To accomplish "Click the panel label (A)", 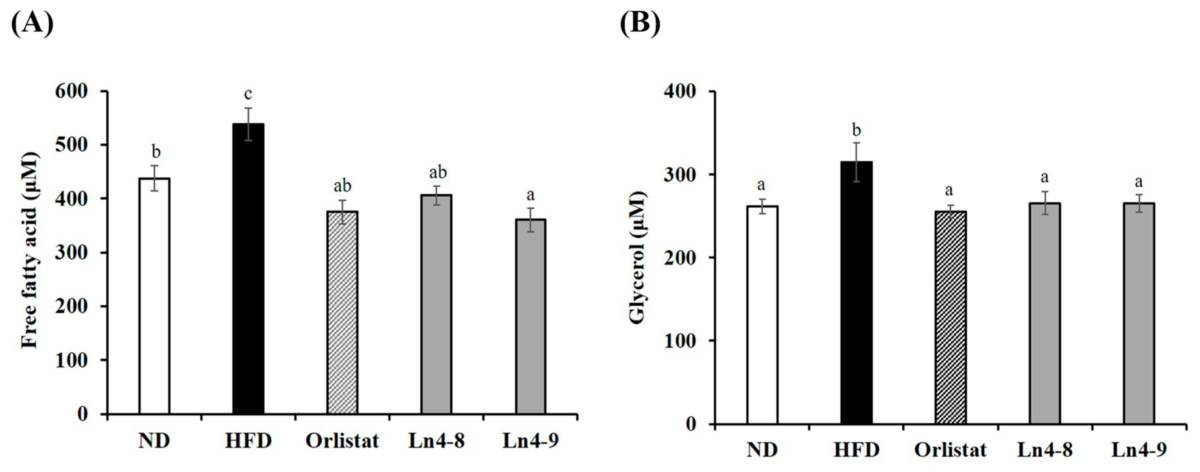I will tap(32, 23).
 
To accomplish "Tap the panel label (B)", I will tap(640, 23).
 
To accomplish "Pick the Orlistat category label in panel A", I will tap(342, 440).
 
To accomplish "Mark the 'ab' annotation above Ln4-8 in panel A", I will tap(437, 173).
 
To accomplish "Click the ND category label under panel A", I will tap(154, 440).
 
